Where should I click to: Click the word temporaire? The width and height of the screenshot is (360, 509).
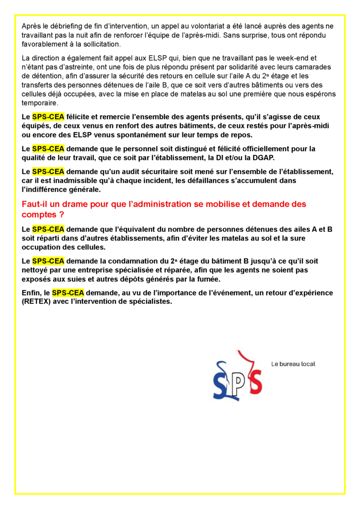pyautogui.click(x=40, y=103)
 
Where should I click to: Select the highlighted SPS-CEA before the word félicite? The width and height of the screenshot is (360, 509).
pyautogui.click(x=48, y=117)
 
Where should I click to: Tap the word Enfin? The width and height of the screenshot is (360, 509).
pyautogui.click(x=31, y=293)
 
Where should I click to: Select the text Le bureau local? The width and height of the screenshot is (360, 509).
pyautogui.click(x=293, y=364)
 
